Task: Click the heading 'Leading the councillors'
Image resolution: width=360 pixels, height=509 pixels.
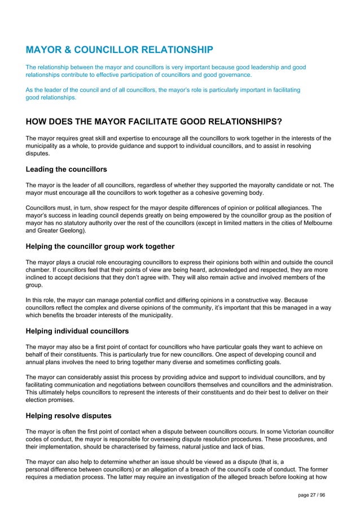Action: [x=67, y=169]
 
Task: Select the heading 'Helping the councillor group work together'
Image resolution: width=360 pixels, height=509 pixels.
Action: [x=100, y=246]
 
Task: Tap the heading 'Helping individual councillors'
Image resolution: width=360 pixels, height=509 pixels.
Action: [x=77, y=331]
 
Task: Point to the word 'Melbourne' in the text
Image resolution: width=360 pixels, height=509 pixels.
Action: [x=317, y=223]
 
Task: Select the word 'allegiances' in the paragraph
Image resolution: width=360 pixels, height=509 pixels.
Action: [x=291, y=207]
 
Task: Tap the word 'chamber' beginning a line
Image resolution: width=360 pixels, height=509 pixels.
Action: [x=38, y=270]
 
